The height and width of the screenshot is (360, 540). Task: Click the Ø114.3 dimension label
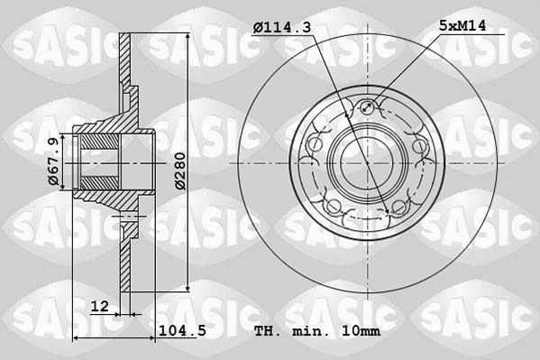point(282,27)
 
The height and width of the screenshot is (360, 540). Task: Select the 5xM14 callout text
point(462,26)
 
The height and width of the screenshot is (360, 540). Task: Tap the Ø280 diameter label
point(180,171)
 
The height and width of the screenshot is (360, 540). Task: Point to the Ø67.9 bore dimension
point(53,162)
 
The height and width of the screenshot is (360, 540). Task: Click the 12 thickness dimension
point(99,306)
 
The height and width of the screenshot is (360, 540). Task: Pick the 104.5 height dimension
point(182,331)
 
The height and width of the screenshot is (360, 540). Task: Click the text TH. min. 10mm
point(317,331)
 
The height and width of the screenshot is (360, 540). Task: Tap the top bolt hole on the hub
point(368,107)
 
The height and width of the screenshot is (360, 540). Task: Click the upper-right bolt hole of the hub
point(419,145)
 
